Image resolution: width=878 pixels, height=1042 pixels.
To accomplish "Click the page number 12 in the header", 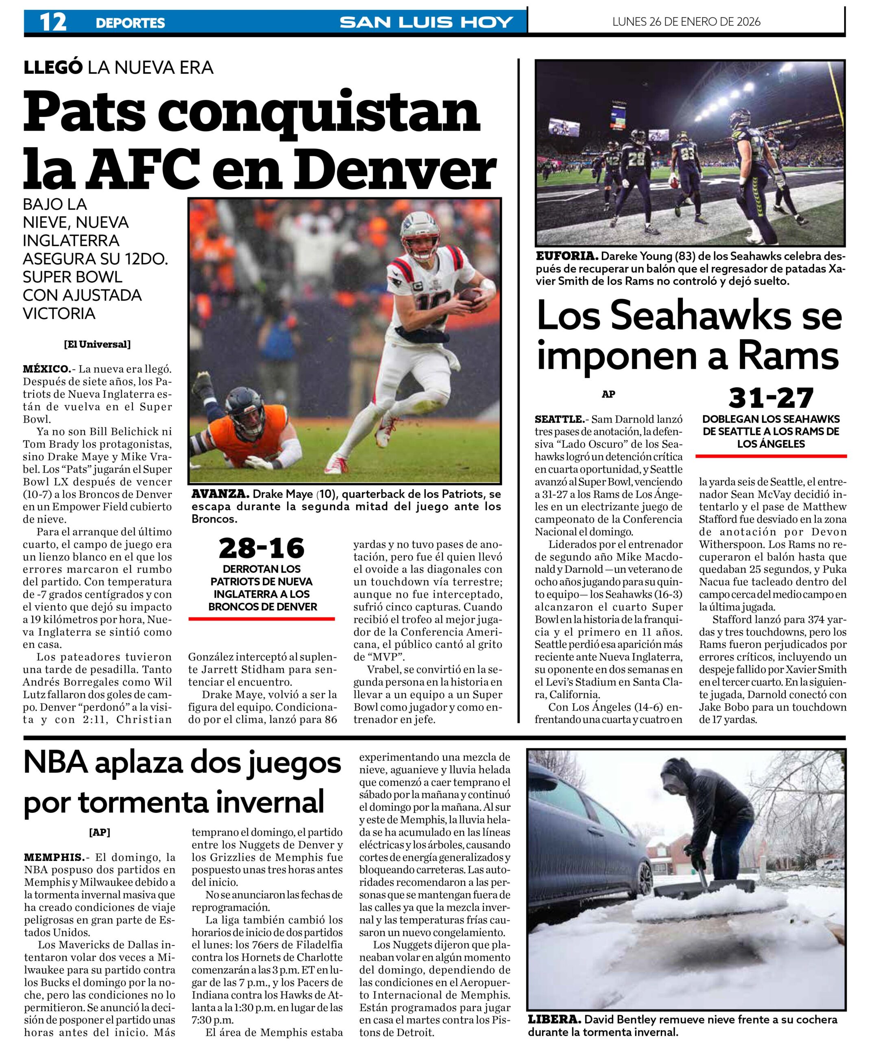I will (x=53, y=22).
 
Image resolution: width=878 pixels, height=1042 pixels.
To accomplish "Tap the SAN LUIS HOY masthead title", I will (x=426, y=22).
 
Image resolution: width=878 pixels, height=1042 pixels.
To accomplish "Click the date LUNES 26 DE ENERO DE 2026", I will (x=686, y=22).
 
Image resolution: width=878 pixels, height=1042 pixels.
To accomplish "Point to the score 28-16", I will (x=261, y=548).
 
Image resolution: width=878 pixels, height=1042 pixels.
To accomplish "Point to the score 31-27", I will (x=771, y=398).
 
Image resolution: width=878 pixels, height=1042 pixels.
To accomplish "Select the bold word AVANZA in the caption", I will (x=220, y=494).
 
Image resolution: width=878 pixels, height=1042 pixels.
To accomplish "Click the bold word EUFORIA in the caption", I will (x=566, y=256).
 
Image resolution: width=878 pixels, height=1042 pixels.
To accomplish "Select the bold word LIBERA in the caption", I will (x=554, y=1019).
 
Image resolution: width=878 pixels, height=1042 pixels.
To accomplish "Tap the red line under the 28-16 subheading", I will (x=261, y=619).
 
